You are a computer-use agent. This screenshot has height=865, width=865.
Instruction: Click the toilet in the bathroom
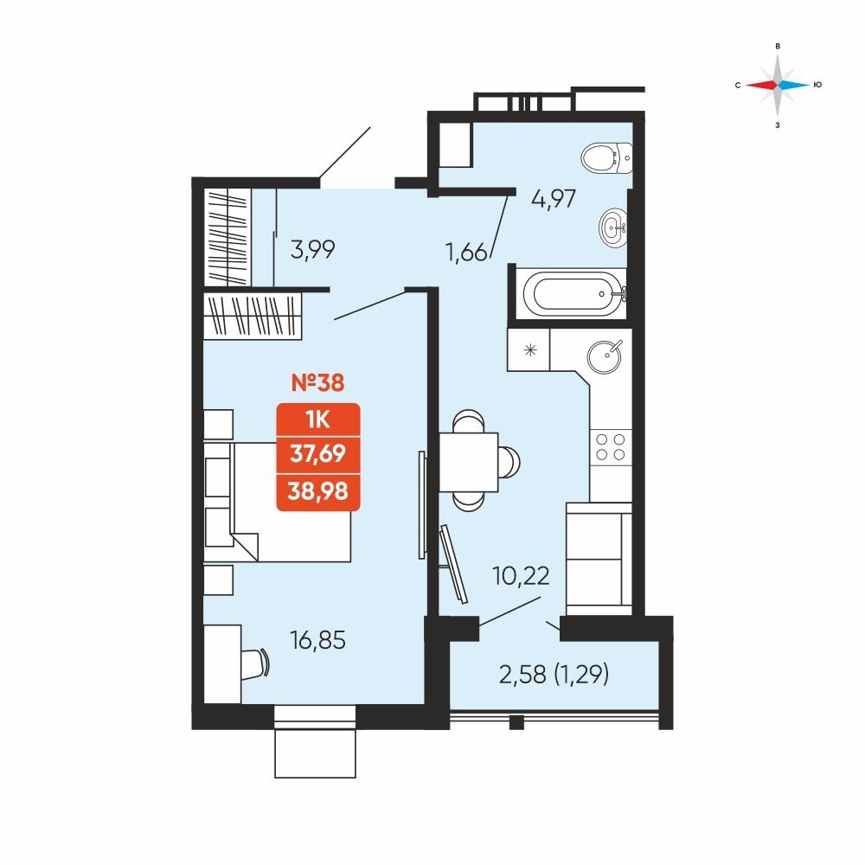click(607, 157)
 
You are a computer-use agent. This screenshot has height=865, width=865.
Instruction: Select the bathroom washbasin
click(613, 226)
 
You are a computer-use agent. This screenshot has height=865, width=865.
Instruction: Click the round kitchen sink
click(605, 356)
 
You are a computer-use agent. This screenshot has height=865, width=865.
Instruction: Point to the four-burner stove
click(611, 447)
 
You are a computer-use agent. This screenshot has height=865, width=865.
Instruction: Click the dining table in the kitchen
click(468, 462)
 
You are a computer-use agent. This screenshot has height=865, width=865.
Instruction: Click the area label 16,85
click(317, 640)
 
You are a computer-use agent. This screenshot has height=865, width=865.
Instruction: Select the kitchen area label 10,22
click(522, 576)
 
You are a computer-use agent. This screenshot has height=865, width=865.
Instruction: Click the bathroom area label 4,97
click(554, 199)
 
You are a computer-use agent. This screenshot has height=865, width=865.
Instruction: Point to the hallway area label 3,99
click(313, 250)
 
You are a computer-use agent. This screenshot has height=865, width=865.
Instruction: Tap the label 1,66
click(466, 253)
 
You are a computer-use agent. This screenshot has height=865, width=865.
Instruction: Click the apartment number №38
click(317, 382)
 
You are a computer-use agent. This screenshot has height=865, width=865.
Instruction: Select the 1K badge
click(317, 420)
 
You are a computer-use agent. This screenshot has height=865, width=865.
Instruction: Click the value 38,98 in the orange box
click(317, 490)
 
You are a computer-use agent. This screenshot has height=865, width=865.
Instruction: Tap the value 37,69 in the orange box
click(317, 453)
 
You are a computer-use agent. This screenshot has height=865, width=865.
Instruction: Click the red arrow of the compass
click(761, 85)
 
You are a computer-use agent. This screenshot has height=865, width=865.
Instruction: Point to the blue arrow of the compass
click(794, 85)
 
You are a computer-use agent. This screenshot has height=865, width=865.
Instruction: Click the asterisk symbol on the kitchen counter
click(530, 349)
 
